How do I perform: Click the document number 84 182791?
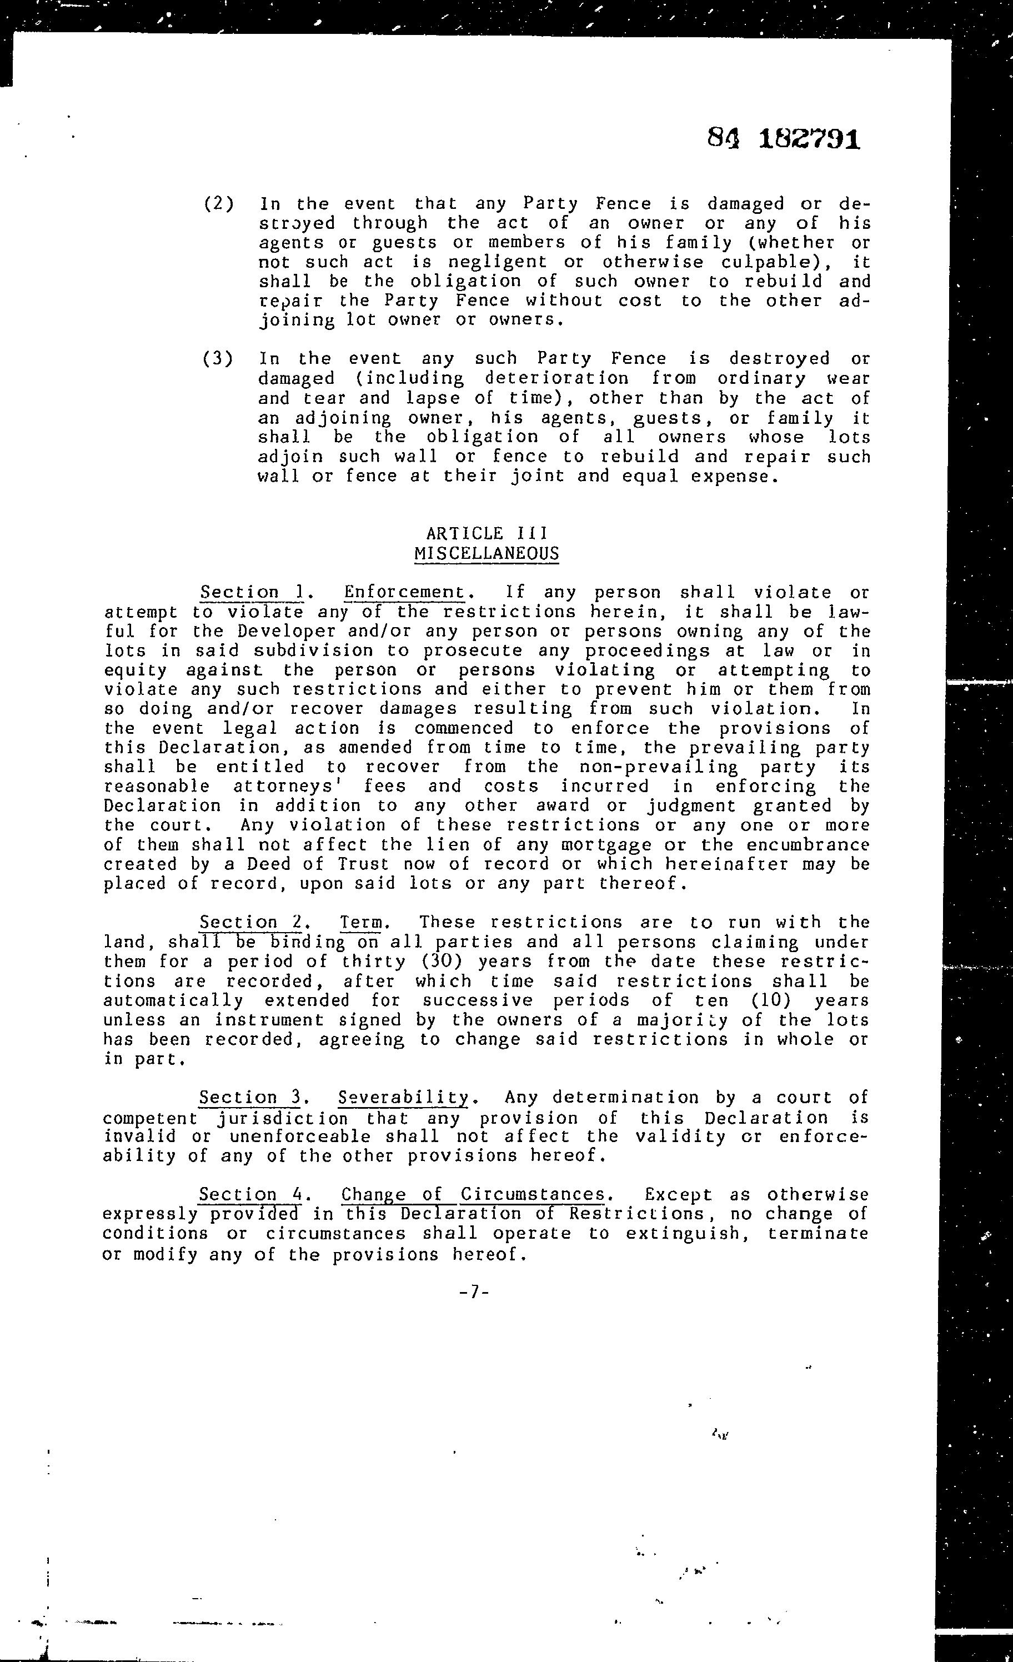point(784,139)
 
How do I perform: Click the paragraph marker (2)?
point(218,204)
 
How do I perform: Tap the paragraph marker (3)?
point(218,358)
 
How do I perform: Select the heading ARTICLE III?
point(487,533)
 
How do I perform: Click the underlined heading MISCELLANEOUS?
point(487,554)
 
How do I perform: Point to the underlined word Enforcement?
point(404,592)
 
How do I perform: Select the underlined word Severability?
point(403,1098)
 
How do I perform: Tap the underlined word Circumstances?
point(533,1194)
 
